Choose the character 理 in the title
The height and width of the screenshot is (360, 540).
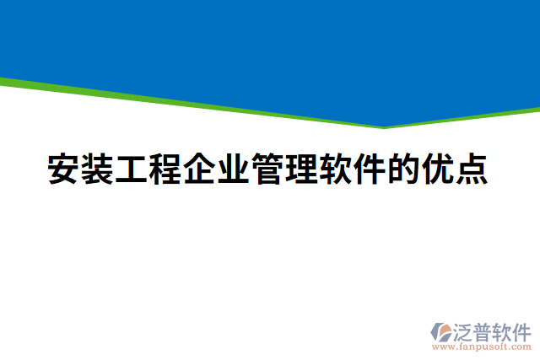pos(301,169)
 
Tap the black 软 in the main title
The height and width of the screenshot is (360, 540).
pos(335,169)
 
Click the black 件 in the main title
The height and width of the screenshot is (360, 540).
pos(369,169)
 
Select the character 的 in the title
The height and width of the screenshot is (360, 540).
pos(402,169)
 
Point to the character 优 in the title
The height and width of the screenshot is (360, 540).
pos(437,169)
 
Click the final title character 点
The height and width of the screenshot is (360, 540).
pos(471,169)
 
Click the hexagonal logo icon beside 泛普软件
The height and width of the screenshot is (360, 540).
pos(440,331)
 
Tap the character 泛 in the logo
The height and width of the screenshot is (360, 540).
pos(463,330)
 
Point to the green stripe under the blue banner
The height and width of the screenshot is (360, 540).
pos(169,100)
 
